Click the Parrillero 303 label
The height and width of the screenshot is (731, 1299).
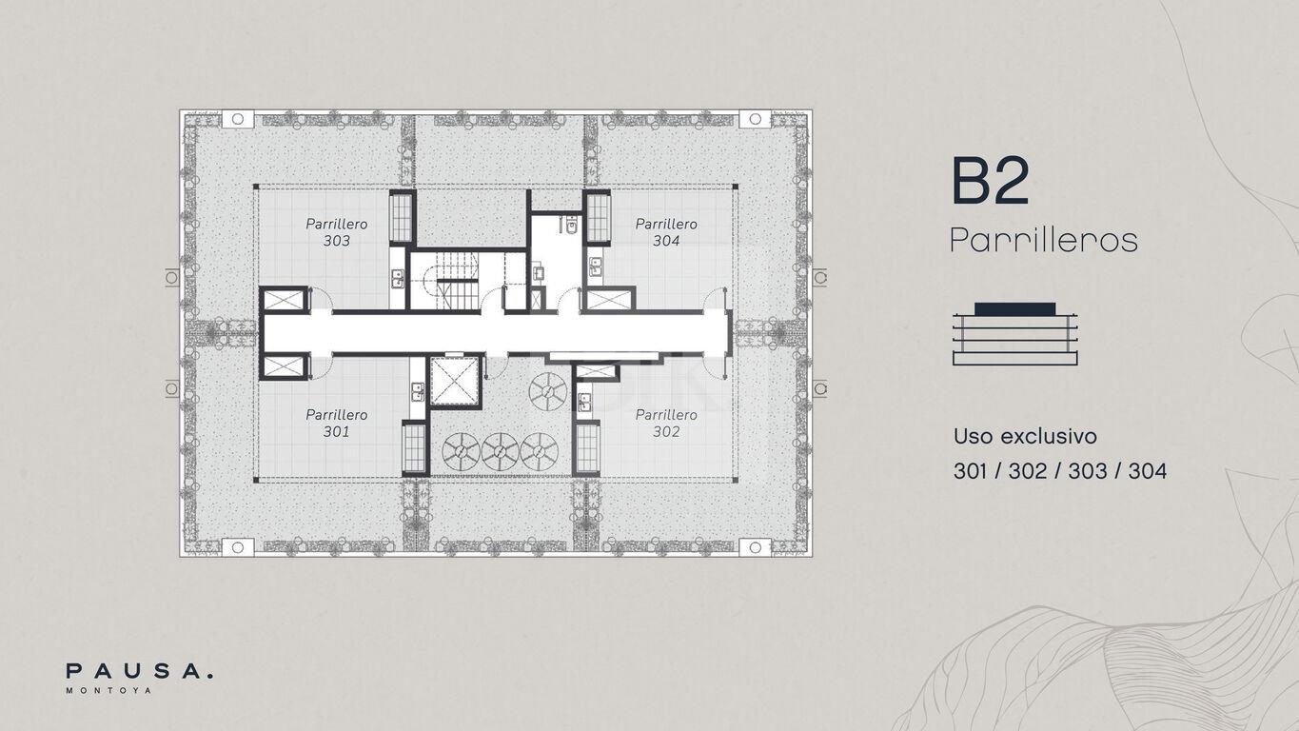point(336,232)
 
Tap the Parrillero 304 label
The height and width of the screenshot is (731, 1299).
point(666,232)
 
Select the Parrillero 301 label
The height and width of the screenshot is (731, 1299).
point(336,423)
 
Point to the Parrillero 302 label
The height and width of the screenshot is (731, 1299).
point(666,423)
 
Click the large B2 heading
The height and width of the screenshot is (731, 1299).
point(991,181)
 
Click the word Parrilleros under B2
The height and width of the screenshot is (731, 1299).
point(1044,240)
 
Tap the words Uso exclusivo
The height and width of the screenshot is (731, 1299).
point(1025,436)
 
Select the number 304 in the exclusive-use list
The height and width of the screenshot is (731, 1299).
point(1148,471)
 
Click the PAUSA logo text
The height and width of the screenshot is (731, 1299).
point(139,671)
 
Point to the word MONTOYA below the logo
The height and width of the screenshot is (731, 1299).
point(109,690)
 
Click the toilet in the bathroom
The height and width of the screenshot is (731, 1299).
point(572,225)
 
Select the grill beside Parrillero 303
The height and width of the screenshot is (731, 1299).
point(401,218)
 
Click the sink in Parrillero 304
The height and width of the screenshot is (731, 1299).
point(596,267)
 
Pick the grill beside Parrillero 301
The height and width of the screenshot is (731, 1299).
point(414,448)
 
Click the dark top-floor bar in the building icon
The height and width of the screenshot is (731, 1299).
point(1014,309)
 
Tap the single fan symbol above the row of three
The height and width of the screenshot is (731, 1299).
point(548,391)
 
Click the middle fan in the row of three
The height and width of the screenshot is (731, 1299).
point(500,451)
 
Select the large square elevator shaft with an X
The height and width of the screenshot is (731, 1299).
point(455,381)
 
